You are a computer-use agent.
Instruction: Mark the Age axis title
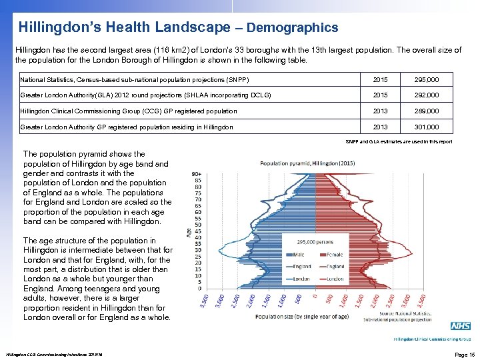click(189, 231)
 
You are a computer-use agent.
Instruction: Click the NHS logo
click(460, 326)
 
